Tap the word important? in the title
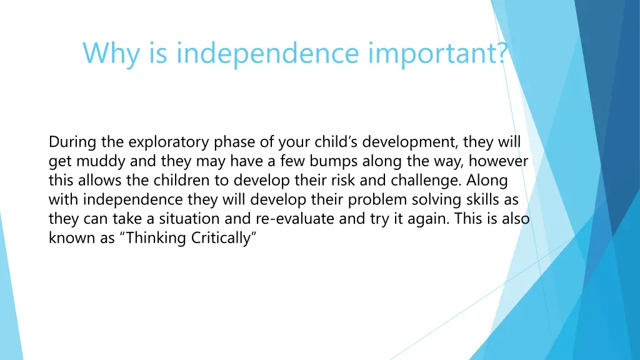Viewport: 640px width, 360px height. coord(437,53)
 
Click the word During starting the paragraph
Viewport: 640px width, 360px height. coord(69,142)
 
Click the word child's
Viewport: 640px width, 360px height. coord(332,142)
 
